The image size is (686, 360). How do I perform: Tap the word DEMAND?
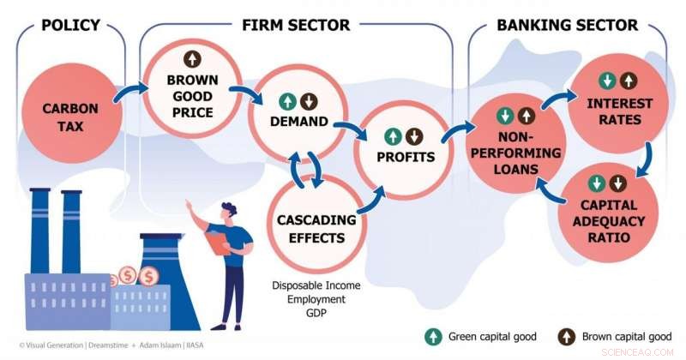click(298, 122)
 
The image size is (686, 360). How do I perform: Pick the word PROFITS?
click(406, 157)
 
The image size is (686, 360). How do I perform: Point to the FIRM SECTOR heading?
click(296, 25)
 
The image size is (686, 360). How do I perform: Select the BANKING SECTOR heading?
click(567, 25)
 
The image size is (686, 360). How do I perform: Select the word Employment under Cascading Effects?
click(310, 300)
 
